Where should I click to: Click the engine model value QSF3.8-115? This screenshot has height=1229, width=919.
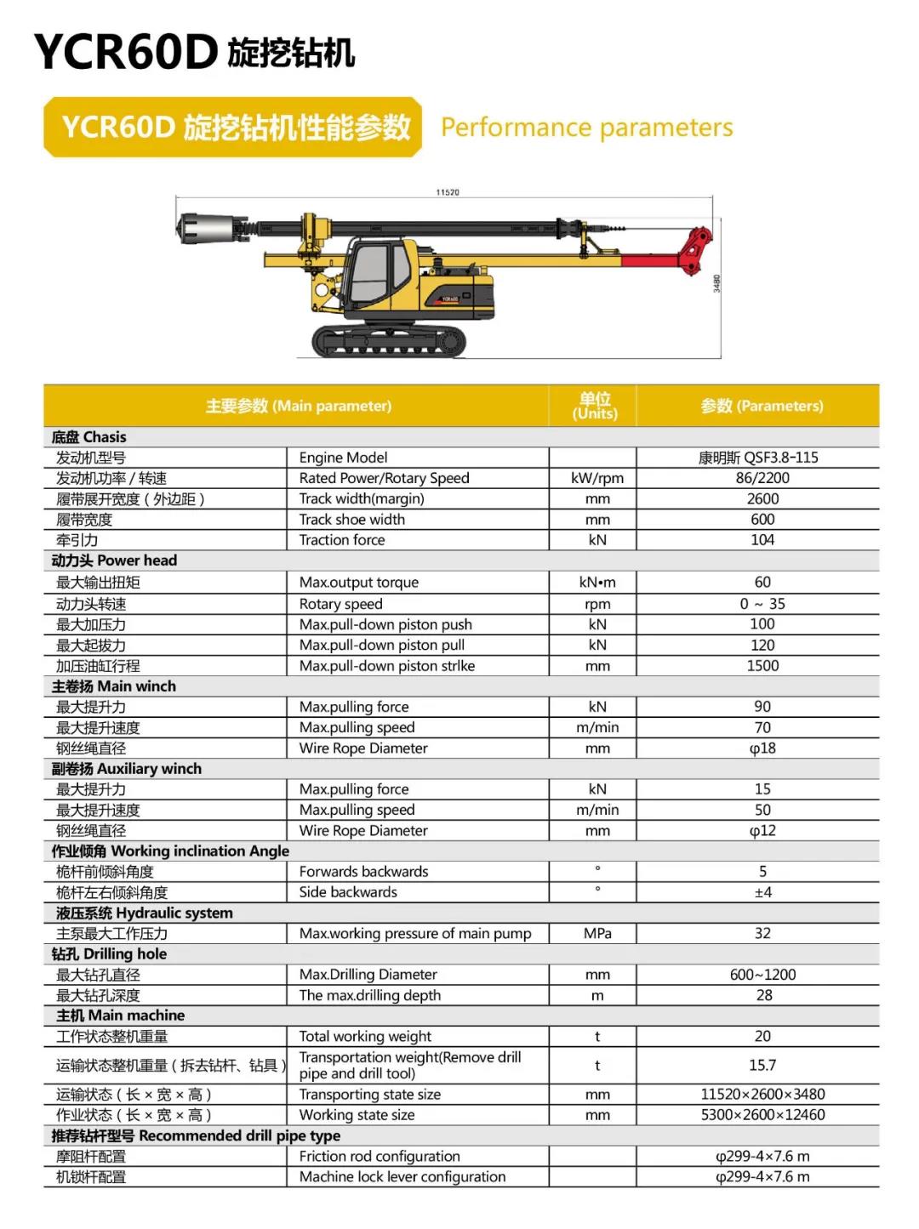(758, 458)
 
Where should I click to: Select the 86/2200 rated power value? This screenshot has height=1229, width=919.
(762, 478)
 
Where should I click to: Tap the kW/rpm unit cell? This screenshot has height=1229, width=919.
(596, 478)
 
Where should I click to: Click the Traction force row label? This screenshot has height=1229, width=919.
(342, 540)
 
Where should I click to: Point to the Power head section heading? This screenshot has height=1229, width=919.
(115, 560)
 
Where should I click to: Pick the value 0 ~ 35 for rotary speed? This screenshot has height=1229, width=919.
(762, 604)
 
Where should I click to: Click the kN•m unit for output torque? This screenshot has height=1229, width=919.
(596, 583)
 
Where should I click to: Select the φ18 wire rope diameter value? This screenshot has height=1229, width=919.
(762, 748)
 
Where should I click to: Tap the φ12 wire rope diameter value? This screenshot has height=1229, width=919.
(762, 831)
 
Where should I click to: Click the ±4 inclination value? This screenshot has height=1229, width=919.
(762, 892)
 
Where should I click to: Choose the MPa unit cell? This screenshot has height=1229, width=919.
(597, 934)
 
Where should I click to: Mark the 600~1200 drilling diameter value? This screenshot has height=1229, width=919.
(762, 975)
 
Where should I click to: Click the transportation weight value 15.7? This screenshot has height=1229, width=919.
(762, 1066)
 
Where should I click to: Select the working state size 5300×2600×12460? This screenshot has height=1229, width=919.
(762, 1115)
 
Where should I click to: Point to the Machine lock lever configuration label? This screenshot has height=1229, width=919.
(402, 1177)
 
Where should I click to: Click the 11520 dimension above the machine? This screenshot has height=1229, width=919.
(448, 192)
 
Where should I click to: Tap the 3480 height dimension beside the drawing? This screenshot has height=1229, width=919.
(716, 283)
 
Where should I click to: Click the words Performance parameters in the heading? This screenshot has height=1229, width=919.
(586, 128)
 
